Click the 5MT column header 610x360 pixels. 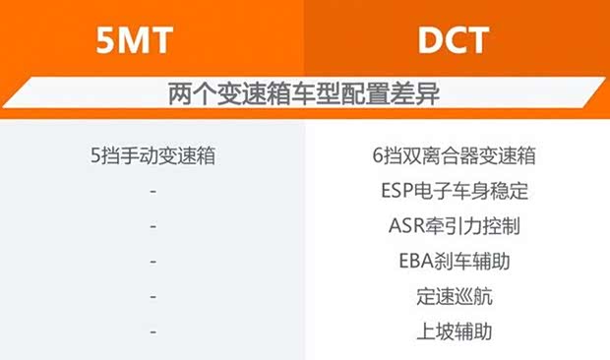134,40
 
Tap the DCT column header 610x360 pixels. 454,40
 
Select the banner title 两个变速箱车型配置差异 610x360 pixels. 304,93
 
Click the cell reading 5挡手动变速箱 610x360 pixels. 152,155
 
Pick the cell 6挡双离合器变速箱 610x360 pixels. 454,155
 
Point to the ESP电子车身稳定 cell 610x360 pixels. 455,191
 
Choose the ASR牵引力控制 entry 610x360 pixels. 455,226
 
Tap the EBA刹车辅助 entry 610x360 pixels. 455,261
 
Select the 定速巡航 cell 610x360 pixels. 455,296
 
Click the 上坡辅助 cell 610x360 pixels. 455,331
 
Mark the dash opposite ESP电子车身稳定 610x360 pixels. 152,191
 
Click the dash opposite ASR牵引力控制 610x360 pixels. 152,226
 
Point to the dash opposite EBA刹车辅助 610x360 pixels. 152,262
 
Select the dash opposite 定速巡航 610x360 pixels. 152,297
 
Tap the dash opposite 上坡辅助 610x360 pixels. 152,332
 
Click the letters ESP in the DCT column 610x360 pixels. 397,191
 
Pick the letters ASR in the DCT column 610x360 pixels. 406,226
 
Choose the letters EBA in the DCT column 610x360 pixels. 416,261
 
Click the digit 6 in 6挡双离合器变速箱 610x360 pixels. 378,155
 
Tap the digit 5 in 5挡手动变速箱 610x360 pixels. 95,155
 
